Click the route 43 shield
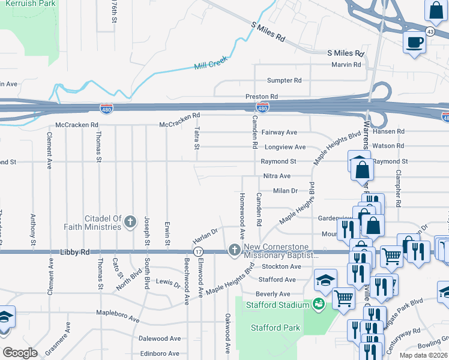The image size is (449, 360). pos(430,31)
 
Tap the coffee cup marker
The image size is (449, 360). pos(414,43)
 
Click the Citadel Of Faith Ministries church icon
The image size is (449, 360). pos(130,223)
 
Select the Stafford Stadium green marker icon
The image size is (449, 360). pos(319,305)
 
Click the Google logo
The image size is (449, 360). pos(20,353)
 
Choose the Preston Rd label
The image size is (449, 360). pos(261,96)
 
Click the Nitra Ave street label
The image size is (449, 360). pos(277,176)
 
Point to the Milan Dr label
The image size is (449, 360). pos(285,191)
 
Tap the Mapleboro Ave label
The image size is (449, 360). pos(121,313)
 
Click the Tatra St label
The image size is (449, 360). pos(197,139)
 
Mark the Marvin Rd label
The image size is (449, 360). pos(349,65)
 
